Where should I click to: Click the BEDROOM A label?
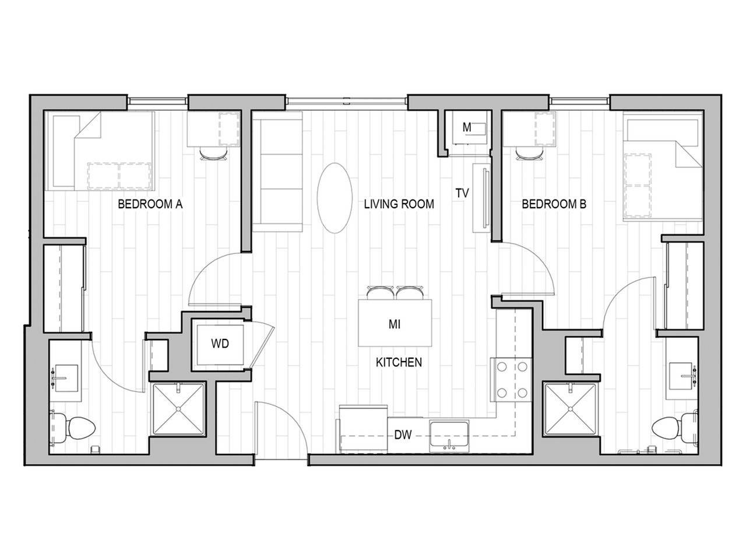(x=150, y=204)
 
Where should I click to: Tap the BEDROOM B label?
(x=554, y=204)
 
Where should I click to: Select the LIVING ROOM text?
(x=399, y=204)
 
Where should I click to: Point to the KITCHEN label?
(x=399, y=362)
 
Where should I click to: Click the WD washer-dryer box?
(x=220, y=344)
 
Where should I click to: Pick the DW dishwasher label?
(x=403, y=435)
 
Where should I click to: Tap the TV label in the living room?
(x=463, y=193)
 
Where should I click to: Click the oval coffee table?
(x=335, y=198)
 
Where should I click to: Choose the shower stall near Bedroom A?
(x=178, y=409)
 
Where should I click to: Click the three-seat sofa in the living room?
(x=278, y=174)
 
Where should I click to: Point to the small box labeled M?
(x=466, y=128)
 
